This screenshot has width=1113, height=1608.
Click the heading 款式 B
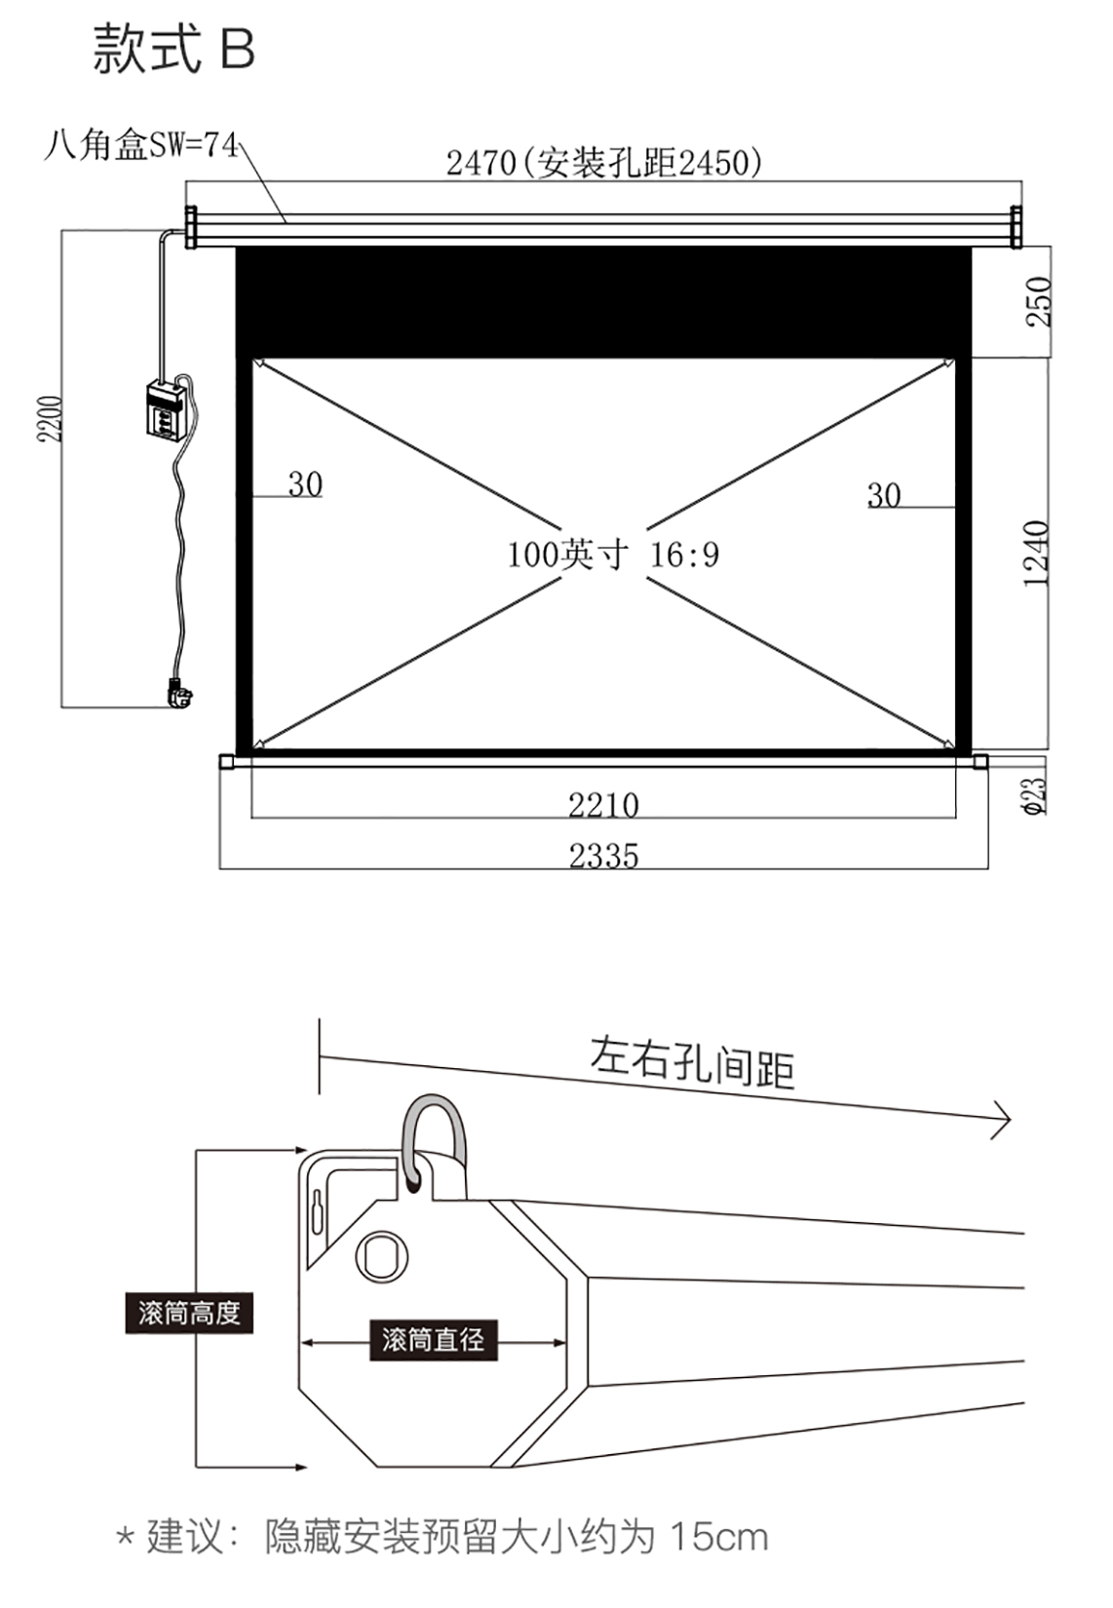173,50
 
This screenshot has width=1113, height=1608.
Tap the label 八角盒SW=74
140,146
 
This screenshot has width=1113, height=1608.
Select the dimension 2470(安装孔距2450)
603,163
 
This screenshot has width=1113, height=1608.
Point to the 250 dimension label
1038,301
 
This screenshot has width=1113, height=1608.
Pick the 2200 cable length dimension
51,418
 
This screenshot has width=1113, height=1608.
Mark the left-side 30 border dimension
305,484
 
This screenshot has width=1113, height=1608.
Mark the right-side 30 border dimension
884,496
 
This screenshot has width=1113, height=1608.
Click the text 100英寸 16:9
613,555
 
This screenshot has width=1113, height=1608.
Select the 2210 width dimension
603,805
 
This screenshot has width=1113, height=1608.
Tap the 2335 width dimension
603,857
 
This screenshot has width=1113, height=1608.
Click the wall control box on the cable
166,409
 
